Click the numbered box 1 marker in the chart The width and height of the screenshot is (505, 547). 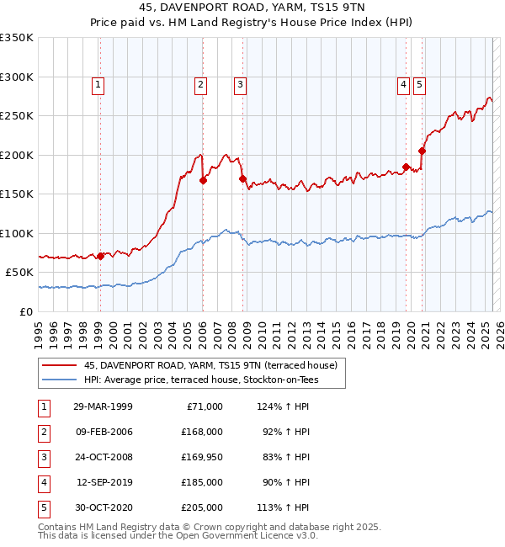[x=98, y=84]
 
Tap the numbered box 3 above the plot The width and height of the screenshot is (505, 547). [x=241, y=84]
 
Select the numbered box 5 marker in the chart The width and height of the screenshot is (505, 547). [x=419, y=84]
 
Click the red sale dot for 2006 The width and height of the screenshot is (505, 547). [x=203, y=180]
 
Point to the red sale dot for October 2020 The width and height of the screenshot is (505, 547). [x=422, y=151]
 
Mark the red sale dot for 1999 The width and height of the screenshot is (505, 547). [x=101, y=256]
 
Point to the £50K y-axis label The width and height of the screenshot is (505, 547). [x=19, y=273]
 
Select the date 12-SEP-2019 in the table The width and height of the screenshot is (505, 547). [x=103, y=483]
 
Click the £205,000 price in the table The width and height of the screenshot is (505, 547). [x=202, y=508]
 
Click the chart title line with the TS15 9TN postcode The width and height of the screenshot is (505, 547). [x=252, y=10]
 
